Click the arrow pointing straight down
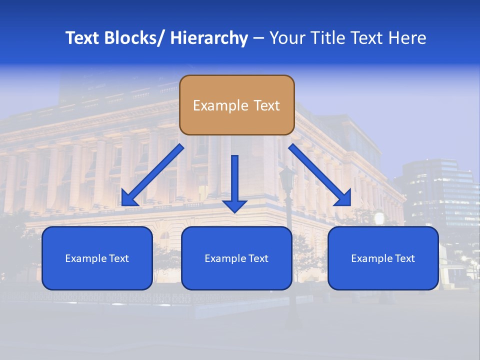pos(235,180)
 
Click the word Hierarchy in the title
pos(209,38)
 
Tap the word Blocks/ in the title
pos(133,38)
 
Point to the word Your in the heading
pos(287,38)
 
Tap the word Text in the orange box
pos(266,105)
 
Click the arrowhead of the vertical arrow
pos(235,205)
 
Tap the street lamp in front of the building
pos(287,180)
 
